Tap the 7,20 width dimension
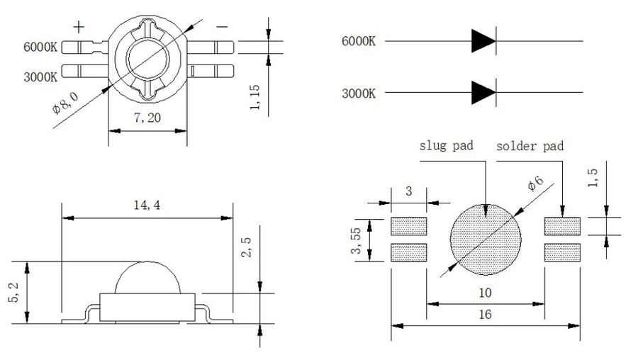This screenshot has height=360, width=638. pyautogui.click(x=147, y=119)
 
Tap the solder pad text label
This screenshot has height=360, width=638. pyautogui.click(x=530, y=146)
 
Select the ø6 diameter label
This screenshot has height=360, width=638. pyautogui.click(x=535, y=184)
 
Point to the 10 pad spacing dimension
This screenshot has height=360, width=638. pyautogui.click(x=485, y=292)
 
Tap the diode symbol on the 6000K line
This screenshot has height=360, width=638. pyautogui.click(x=484, y=41)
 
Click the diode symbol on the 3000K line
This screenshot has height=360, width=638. pyautogui.click(x=484, y=92)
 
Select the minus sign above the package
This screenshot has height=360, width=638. pyautogui.click(x=222, y=27)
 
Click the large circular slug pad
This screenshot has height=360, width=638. pyautogui.click(x=486, y=240)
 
